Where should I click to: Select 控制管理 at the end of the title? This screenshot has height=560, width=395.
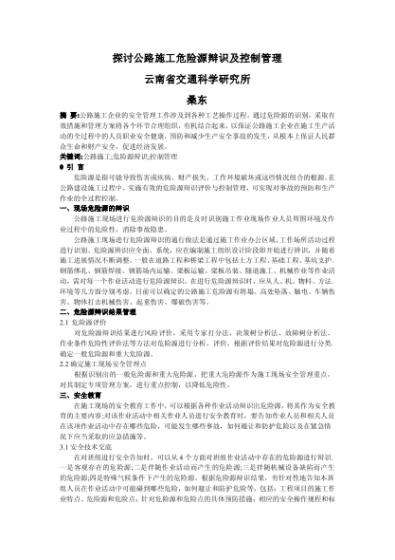click(260, 57)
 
